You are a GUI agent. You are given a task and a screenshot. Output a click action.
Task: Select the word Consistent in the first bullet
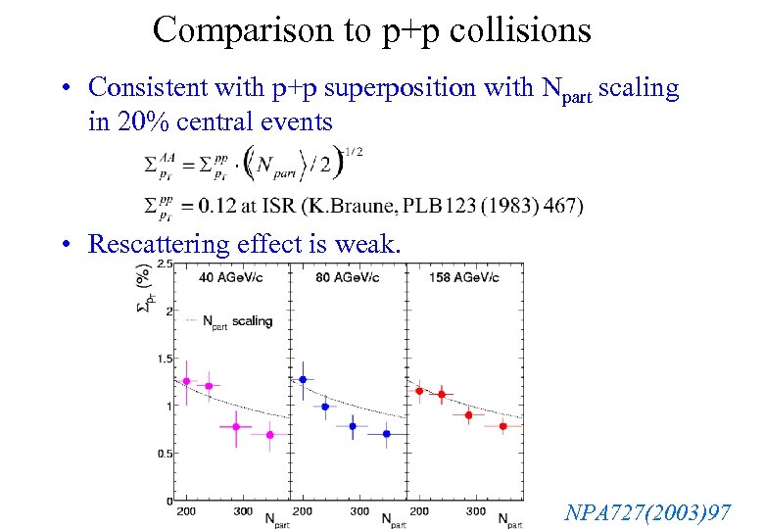tap(143, 88)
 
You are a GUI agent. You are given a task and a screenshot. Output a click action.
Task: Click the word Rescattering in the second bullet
tap(161, 243)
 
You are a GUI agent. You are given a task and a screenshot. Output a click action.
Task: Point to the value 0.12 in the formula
tap(217, 205)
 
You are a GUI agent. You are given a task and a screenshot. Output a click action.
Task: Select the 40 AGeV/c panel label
tap(232, 278)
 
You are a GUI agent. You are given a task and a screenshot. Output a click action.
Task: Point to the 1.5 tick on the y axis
tap(164, 360)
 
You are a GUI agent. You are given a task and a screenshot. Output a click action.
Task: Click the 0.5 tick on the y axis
tap(164, 454)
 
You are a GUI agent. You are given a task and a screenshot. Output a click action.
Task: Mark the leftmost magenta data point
tap(187, 381)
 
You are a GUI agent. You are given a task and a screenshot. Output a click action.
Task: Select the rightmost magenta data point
tap(269, 435)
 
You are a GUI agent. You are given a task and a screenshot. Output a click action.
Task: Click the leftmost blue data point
tap(303, 379)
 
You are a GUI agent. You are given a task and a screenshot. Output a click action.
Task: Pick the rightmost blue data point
tap(386, 433)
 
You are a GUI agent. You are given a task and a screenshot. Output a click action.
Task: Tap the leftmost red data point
tap(419, 391)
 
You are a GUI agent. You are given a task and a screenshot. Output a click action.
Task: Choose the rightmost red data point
tap(502, 426)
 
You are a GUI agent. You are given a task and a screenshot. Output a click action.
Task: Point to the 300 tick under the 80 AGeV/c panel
tap(358, 511)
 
